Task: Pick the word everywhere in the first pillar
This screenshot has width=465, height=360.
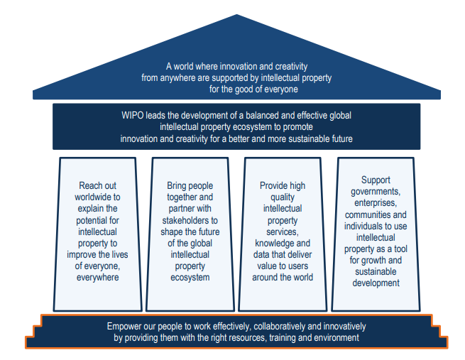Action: [97, 278]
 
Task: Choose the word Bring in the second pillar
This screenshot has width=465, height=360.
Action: [177, 186]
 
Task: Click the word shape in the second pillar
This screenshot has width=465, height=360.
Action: [172, 232]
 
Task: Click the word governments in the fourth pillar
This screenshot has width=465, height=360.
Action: [376, 192]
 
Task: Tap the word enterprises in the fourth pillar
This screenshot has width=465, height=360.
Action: [376, 203]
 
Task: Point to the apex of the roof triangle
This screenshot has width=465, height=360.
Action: [236, 14]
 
